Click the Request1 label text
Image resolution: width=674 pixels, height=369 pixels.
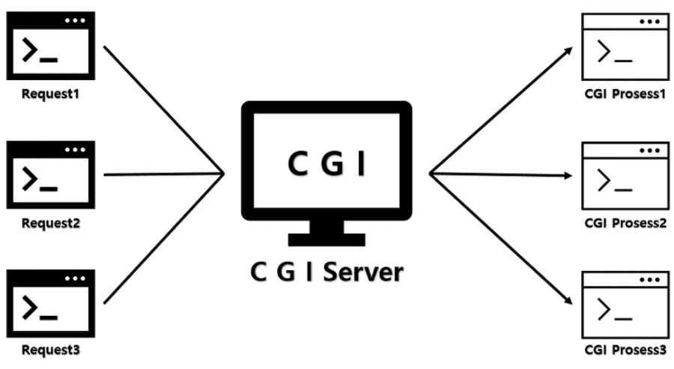[51, 95]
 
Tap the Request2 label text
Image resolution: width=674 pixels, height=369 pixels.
[51, 222]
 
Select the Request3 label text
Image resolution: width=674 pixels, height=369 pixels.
[51, 350]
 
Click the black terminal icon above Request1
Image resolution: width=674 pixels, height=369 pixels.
[52, 47]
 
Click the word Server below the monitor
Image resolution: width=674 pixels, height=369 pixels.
[361, 271]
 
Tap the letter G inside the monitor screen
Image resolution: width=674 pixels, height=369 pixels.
[327, 164]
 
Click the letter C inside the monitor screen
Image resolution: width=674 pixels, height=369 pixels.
[297, 164]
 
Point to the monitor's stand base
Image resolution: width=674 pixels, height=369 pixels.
[327, 240]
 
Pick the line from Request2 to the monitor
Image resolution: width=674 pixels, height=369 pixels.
[165, 174]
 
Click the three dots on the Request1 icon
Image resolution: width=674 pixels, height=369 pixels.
[75, 20]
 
